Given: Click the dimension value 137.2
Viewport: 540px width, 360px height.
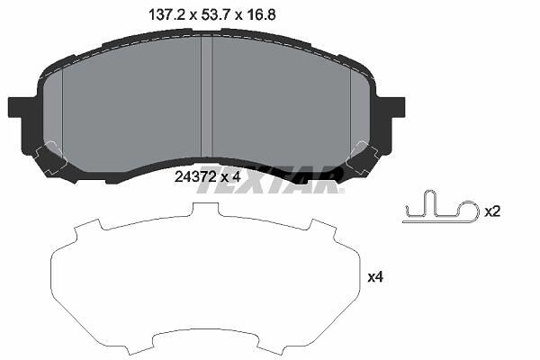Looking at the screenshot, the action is pos(167,15).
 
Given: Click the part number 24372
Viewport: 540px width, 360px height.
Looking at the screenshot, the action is pos(195,177).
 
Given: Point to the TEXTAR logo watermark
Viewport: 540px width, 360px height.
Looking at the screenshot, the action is pos(270,180).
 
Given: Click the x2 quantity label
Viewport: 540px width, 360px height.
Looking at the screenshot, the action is pos(492,211).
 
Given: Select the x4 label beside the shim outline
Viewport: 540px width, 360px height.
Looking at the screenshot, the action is pos(375,277).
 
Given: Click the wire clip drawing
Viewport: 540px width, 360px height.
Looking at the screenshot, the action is pos(441,207).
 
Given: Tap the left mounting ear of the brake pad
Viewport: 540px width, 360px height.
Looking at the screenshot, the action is pos(16,107).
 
